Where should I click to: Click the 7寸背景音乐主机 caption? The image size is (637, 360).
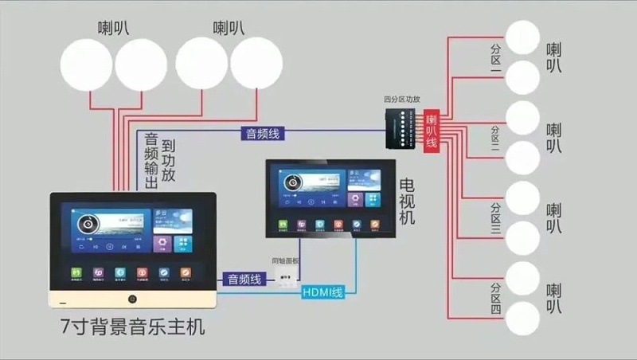click(x=131, y=327)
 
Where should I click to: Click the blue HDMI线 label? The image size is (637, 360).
click(x=322, y=292)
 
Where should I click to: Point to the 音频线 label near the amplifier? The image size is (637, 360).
click(x=262, y=134)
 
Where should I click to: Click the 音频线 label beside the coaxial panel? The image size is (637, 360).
click(x=244, y=279)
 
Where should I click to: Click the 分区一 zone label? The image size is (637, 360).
click(x=495, y=60)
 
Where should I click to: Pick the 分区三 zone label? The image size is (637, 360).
click(x=495, y=219)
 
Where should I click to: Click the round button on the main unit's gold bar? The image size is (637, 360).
click(x=132, y=299)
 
